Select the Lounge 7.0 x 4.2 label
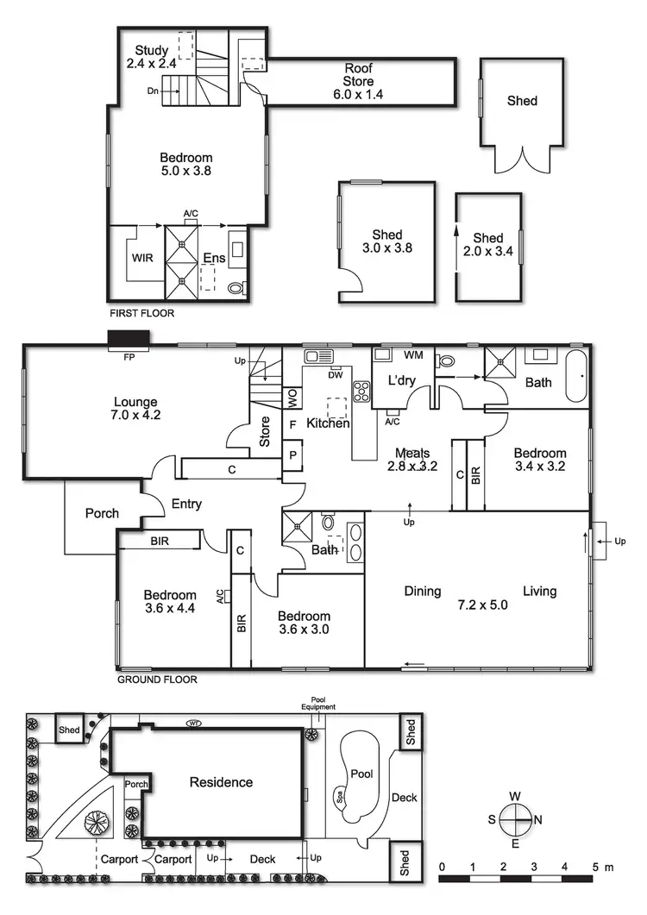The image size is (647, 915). [135, 408]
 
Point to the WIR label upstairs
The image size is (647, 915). [142, 258]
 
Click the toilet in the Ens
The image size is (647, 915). [236, 287]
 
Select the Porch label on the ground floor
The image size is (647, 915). [102, 513]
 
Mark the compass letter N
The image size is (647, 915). [539, 819]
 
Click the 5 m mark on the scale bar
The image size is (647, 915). [596, 865]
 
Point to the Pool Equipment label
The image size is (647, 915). [318, 704]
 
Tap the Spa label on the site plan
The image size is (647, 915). [339, 794]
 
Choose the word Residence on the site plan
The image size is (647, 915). [222, 782]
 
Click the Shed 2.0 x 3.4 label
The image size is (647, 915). [488, 245]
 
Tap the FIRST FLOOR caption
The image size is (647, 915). [141, 314]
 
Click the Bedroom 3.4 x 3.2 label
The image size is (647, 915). [540, 460]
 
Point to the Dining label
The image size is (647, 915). [423, 592]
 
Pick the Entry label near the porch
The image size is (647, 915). [186, 504]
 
